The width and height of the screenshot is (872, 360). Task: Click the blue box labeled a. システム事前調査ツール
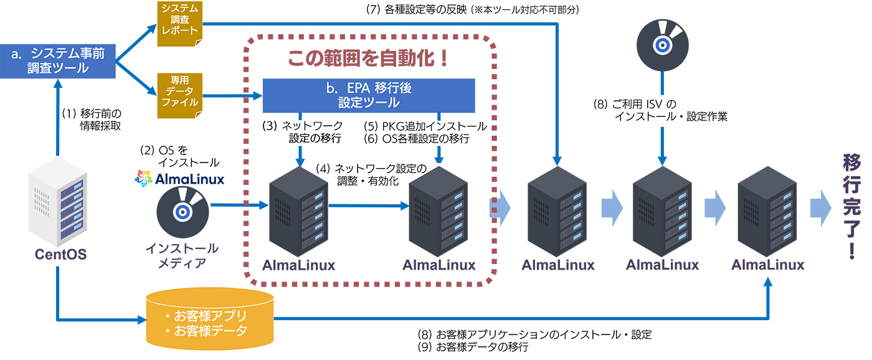click(x=57, y=61)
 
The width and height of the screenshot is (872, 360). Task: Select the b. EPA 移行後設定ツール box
click(x=369, y=95)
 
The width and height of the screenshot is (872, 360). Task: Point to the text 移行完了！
click(x=851, y=206)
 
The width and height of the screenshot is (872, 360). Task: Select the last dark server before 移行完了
click(x=767, y=212)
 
